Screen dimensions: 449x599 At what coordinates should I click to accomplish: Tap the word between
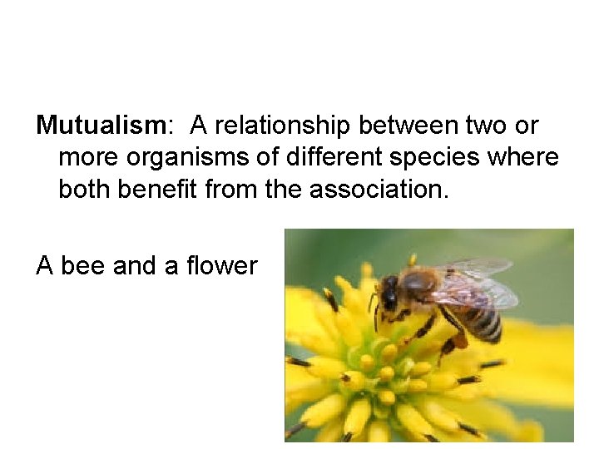(408, 126)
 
